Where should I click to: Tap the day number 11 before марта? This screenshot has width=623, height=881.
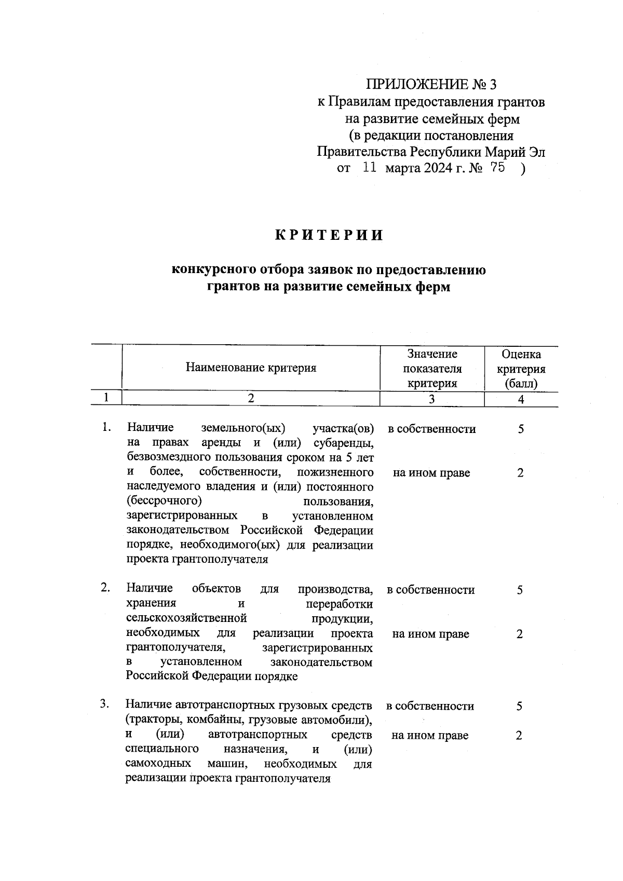[x=369, y=168]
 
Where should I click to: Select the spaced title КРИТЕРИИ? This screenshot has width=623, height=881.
[x=329, y=235]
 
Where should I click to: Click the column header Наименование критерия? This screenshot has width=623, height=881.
[x=251, y=368]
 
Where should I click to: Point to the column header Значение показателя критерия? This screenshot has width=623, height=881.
[x=432, y=369]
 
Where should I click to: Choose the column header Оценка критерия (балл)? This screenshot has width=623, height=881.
[x=521, y=369]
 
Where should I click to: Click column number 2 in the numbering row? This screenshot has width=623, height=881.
[x=251, y=398]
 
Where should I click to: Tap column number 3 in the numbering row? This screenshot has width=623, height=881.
[x=432, y=399]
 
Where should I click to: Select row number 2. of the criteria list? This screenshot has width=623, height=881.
[x=105, y=588]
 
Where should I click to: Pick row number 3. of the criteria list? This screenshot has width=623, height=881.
[x=105, y=704]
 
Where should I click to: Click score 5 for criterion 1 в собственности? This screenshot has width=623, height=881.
[x=521, y=429]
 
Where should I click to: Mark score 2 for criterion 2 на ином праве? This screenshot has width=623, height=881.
[x=520, y=634]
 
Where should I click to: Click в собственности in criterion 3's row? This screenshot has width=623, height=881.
[x=430, y=706]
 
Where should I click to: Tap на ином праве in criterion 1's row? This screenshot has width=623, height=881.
[x=431, y=473]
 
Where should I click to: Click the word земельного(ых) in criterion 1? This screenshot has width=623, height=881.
[x=243, y=428]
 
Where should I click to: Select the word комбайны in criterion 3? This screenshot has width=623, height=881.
[x=216, y=720]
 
